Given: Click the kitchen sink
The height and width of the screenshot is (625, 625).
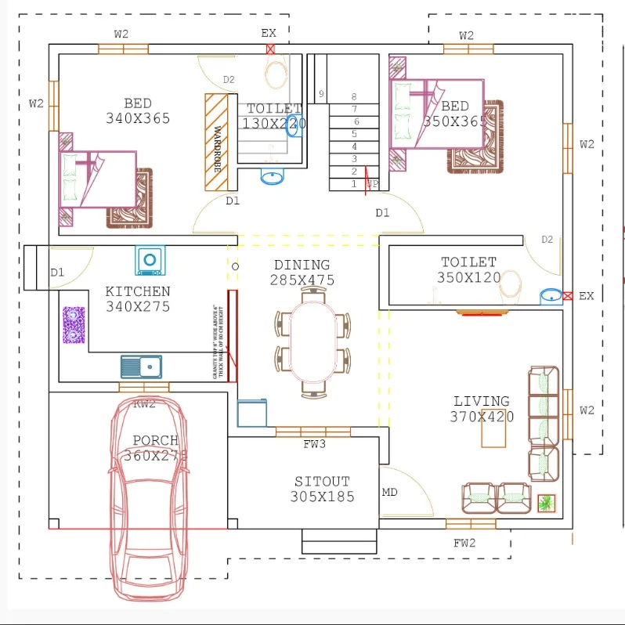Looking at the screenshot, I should click(x=141, y=366).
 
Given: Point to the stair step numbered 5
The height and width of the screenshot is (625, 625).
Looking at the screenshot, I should click(x=355, y=134).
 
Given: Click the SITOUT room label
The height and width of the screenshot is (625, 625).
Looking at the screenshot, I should click(x=322, y=481).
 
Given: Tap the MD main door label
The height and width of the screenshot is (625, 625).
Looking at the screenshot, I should click(x=389, y=493).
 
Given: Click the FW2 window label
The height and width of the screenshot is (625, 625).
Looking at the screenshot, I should click(x=464, y=542).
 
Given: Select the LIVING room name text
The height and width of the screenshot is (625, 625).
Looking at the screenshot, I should click(x=481, y=401).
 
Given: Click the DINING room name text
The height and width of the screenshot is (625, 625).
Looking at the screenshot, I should click(x=302, y=265).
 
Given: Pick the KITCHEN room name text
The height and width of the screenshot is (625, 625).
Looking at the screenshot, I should click(x=138, y=291).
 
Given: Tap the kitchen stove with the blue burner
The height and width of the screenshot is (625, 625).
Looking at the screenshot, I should click(x=149, y=260).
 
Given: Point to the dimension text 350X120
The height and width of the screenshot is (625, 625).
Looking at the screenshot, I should click(x=469, y=277).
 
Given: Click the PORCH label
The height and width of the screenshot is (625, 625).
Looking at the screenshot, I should click(x=155, y=440).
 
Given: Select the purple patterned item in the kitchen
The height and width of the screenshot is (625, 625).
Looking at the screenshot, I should click(x=74, y=324).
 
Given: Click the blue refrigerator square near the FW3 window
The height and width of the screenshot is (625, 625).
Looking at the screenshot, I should click(x=251, y=413).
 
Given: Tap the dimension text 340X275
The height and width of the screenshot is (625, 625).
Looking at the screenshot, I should click(x=138, y=306).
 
